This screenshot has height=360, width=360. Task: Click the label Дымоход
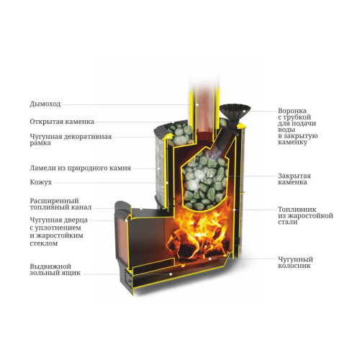click(45, 104)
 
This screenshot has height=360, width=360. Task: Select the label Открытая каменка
click(62, 122)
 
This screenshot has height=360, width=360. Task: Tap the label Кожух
click(41, 182)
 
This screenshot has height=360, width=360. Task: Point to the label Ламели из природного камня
click(81, 168)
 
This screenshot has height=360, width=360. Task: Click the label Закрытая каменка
click(294, 179)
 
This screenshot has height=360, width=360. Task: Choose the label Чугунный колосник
click(295, 262)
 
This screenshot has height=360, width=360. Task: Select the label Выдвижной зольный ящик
click(55, 269)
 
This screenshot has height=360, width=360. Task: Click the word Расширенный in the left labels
click(54, 201)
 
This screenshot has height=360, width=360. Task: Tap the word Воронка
click(292, 111)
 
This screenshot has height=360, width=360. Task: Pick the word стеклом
click(44, 243)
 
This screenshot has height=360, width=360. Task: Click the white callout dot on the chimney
click(197, 105)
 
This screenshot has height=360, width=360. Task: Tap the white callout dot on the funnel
click(244, 112)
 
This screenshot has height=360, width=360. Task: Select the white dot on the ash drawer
click(171, 274)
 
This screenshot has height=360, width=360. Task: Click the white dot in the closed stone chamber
click(211, 176)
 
